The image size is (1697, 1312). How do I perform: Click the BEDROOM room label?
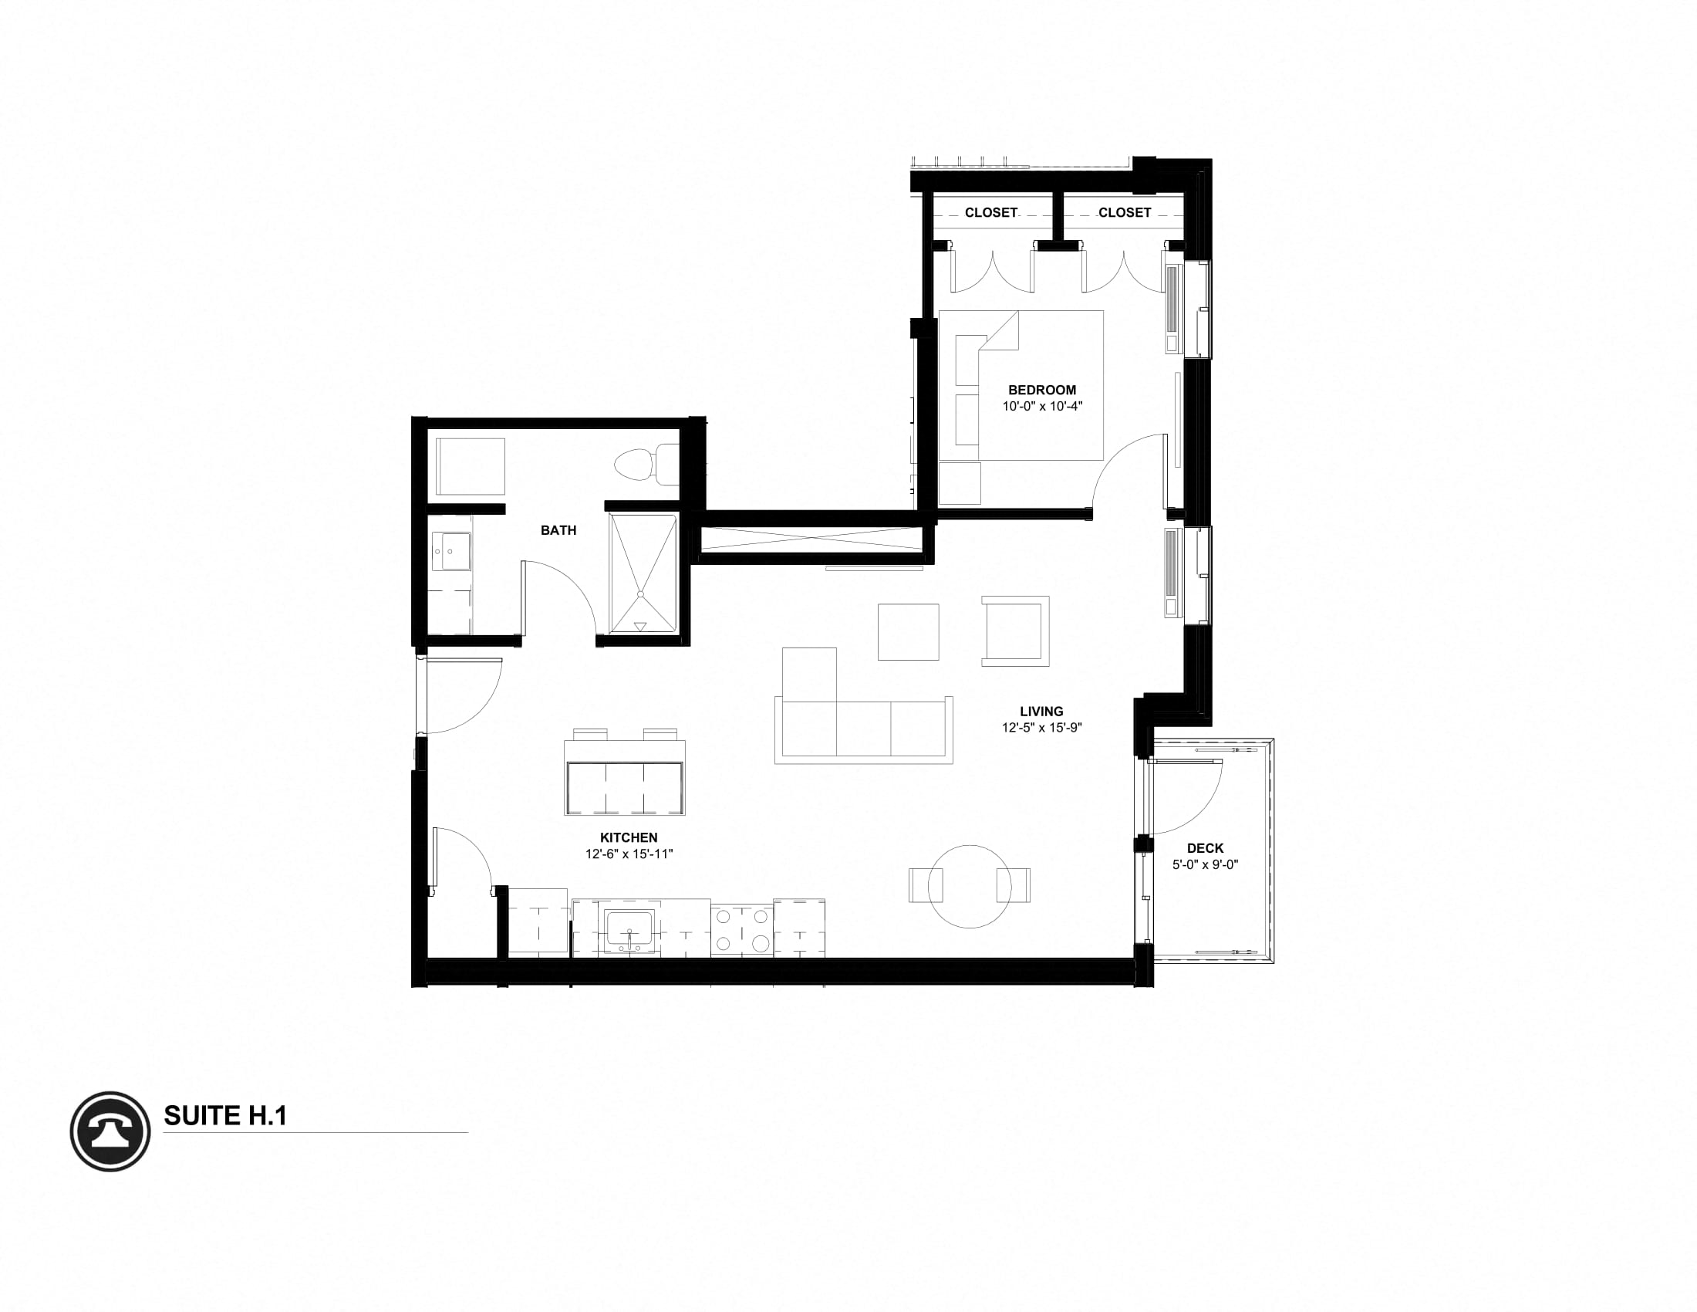(1041, 390)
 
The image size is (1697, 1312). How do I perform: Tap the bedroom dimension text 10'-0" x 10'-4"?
(1041, 406)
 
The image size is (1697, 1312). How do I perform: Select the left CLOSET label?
(990, 212)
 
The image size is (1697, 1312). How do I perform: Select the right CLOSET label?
(1124, 212)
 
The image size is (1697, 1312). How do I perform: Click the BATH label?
(558, 530)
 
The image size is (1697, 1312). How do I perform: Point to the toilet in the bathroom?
(644, 465)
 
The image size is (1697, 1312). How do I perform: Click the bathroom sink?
(450, 551)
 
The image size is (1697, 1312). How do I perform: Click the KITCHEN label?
(629, 837)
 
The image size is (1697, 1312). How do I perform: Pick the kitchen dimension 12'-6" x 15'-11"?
(629, 854)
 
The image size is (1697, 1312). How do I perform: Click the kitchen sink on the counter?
(629, 930)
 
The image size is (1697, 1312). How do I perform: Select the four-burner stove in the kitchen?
(741, 930)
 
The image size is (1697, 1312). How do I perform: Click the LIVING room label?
(1041, 712)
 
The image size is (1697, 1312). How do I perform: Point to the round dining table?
(970, 886)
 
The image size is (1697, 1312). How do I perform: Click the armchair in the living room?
(1015, 631)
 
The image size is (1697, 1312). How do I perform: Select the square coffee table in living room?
(908, 631)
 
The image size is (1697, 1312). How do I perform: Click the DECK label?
(1204, 848)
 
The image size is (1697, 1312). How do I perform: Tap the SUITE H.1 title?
(225, 1116)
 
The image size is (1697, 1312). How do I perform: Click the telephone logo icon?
(110, 1131)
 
